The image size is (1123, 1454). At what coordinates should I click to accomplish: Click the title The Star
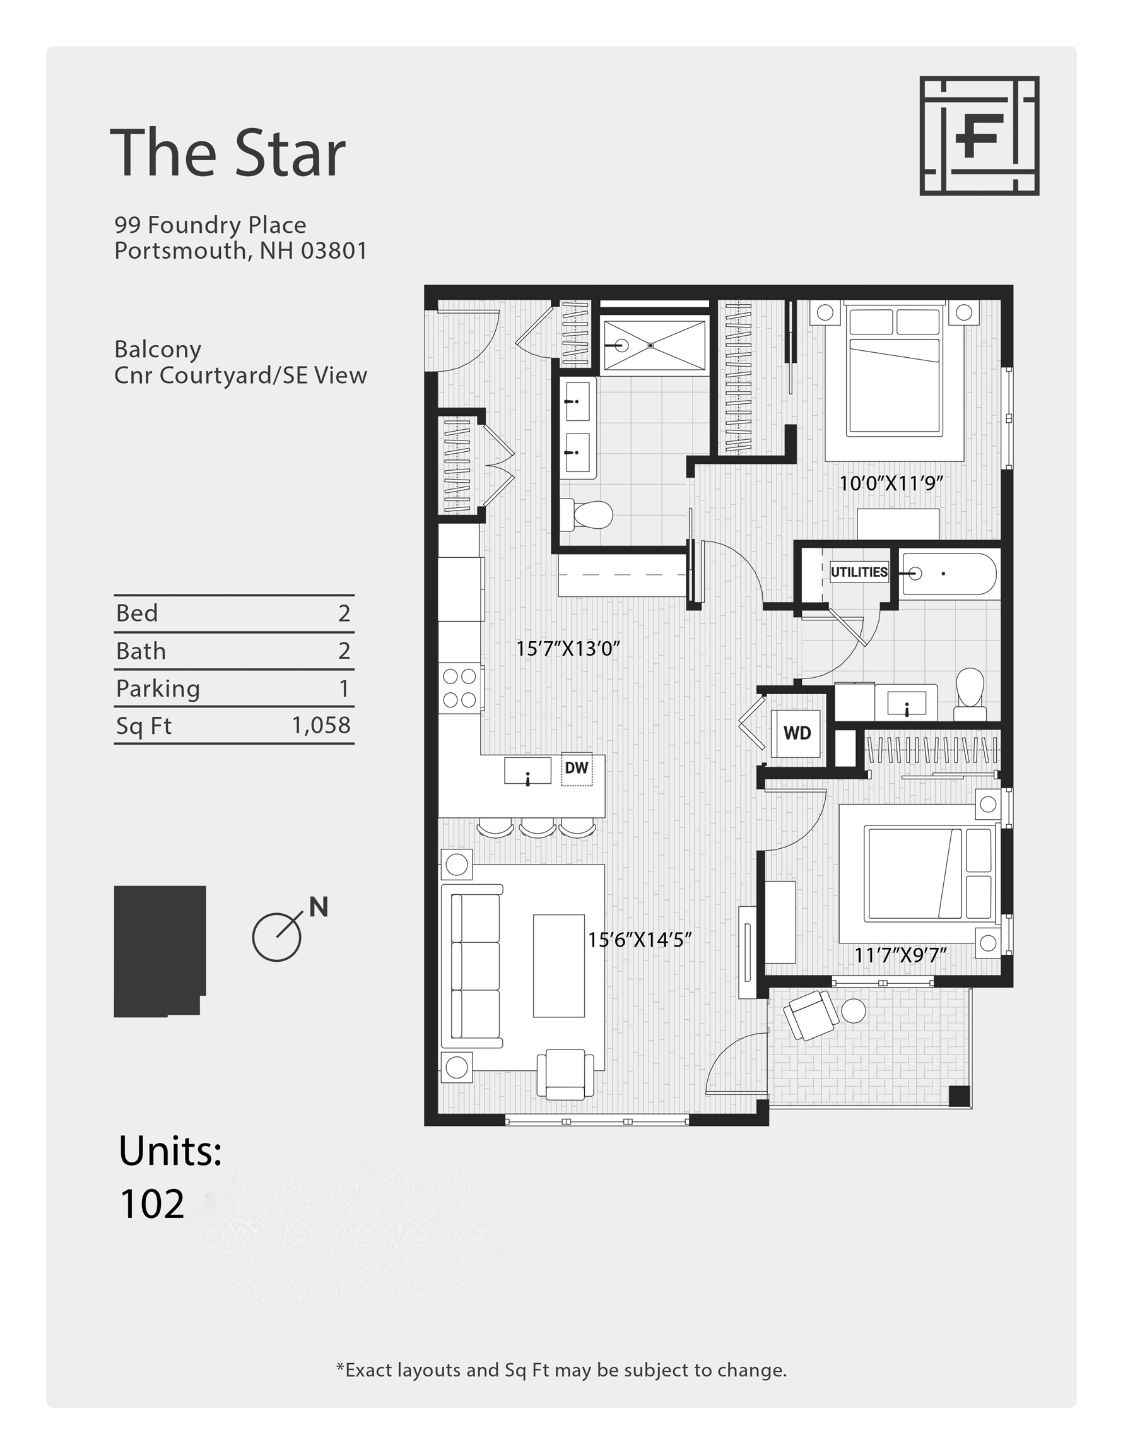[x=228, y=153]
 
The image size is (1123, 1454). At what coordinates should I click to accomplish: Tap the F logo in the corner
[x=979, y=136]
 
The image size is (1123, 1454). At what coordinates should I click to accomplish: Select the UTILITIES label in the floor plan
[x=859, y=572]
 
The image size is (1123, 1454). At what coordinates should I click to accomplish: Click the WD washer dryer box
[x=796, y=733]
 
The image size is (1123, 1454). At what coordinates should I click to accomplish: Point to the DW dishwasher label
[x=577, y=768]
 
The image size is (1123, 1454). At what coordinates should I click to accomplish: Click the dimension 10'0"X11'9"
[x=891, y=483]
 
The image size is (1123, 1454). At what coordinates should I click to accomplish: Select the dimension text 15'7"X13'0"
[x=568, y=649]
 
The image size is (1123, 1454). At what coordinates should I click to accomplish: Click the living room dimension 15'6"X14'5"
[x=639, y=940]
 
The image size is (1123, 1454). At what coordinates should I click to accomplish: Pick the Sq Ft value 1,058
[x=321, y=725]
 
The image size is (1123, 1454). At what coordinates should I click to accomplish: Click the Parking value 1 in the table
[x=343, y=688]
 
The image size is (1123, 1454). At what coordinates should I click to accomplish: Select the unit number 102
[x=152, y=1203]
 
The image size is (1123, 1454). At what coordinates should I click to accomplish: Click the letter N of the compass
[x=318, y=907]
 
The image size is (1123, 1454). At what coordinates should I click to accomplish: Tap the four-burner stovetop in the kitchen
[x=459, y=688]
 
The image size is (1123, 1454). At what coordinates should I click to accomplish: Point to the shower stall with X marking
[x=653, y=345]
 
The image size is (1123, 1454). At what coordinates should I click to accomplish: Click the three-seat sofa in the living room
[x=474, y=966]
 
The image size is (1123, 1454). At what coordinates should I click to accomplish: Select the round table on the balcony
[x=854, y=1010]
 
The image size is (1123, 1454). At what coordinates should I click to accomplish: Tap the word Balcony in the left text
[x=158, y=350]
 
